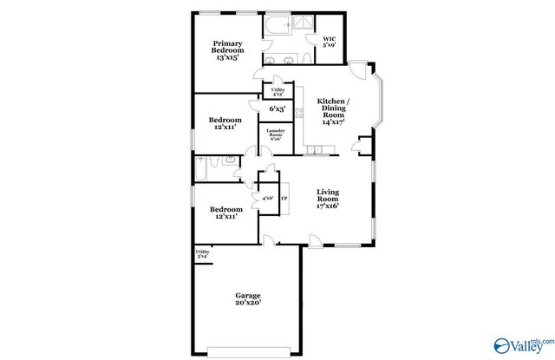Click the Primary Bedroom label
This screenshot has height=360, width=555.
tap(227, 50)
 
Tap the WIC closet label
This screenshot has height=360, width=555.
tap(330, 43)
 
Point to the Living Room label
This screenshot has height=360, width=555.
tap(327, 199)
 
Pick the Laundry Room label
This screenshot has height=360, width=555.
tap(275, 135)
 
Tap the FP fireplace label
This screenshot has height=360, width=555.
tap(283, 198)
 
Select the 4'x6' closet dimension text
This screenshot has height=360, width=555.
tap(267, 199)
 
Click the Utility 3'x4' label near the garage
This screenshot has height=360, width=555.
tap(201, 254)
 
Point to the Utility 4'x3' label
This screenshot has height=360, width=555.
tap(277, 92)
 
